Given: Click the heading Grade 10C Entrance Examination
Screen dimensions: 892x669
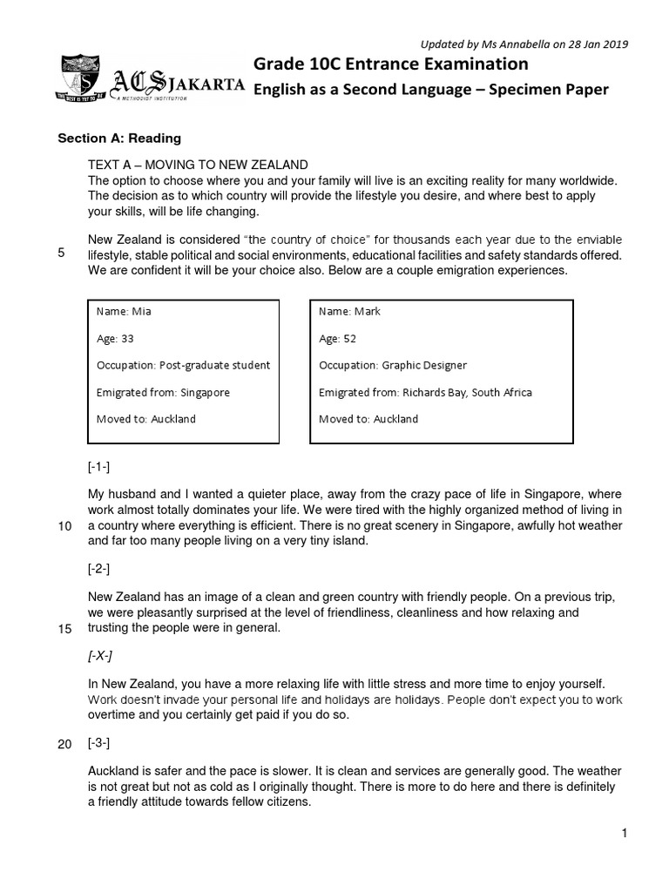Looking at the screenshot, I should point(390,64).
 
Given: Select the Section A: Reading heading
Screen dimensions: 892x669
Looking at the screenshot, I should point(119,138).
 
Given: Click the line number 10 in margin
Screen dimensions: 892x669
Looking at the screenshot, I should point(64,526).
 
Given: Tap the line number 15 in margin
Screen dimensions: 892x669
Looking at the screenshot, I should point(64,630).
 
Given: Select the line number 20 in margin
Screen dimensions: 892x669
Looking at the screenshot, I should point(64,745).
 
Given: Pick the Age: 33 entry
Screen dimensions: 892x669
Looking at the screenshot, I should point(115,339).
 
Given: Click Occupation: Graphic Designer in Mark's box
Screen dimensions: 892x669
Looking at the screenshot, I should point(393,366).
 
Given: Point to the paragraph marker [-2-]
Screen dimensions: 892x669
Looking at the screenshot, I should point(98,570).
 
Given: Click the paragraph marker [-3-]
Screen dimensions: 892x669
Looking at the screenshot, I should point(98,744).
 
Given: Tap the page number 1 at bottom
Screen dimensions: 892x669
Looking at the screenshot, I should point(625,834).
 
